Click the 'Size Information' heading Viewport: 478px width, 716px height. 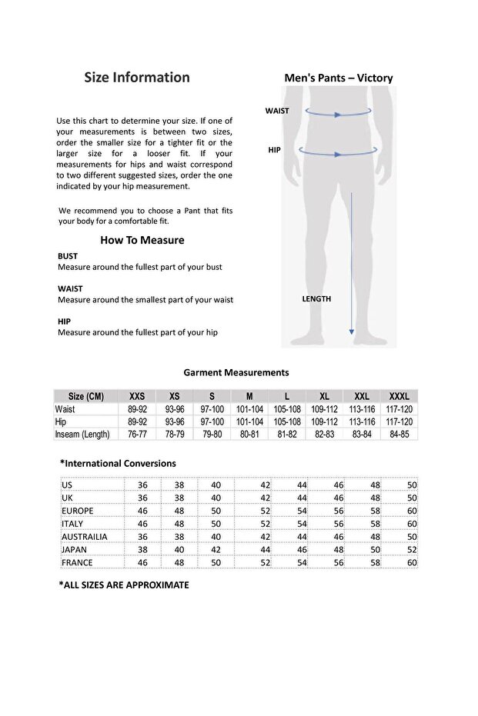click(x=136, y=77)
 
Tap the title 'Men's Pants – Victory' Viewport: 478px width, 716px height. click(x=339, y=78)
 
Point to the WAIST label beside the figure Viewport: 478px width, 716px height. click(x=277, y=111)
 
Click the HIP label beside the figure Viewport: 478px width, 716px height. click(x=274, y=150)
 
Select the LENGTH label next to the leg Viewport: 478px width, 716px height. click(x=316, y=298)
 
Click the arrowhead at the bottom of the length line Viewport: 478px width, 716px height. click(x=352, y=331)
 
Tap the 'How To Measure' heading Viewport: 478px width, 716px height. click(x=142, y=240)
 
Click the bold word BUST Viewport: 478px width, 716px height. click(x=68, y=256)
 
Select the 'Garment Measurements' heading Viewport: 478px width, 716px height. click(x=236, y=372)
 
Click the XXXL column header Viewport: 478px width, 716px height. click(x=399, y=397)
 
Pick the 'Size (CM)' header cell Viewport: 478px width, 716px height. click(x=85, y=397)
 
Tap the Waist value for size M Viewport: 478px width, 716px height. click(x=249, y=410)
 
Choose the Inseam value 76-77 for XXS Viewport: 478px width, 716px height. click(x=137, y=435)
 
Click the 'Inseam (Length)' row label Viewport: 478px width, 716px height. click(x=82, y=435)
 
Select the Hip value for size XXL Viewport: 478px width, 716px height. click(x=362, y=422)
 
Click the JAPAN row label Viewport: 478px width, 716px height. click(x=74, y=550)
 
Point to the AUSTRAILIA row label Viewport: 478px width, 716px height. click(x=84, y=537)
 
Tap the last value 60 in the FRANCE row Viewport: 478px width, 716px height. click(x=412, y=563)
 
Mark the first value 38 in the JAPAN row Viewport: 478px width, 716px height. click(x=142, y=550)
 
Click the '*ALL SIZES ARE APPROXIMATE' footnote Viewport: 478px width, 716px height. click(x=124, y=584)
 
